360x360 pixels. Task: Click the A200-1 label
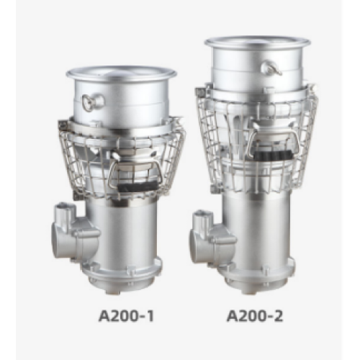[126, 316]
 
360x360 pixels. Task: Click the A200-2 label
[255, 316]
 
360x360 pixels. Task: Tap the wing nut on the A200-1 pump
[93, 102]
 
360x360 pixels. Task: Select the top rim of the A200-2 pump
[258, 42]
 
